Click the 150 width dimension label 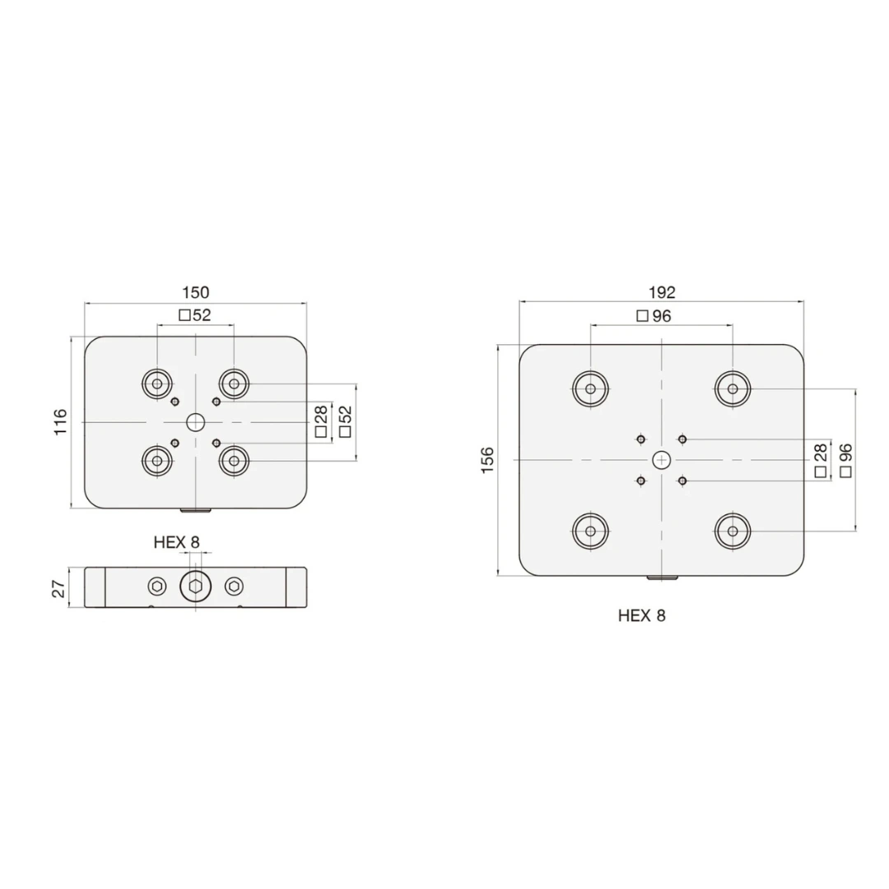click(195, 292)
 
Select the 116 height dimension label click(62, 422)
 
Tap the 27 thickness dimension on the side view click(58, 587)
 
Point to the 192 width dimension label click(661, 292)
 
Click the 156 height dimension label click(488, 459)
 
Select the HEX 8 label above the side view click(176, 542)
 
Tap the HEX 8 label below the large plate click(641, 615)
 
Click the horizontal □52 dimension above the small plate click(195, 315)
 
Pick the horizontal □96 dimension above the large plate click(654, 316)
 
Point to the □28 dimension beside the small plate click(321, 421)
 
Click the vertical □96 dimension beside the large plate click(845, 460)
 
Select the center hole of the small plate click(195, 422)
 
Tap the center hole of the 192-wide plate click(661, 459)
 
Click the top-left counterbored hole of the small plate click(156, 383)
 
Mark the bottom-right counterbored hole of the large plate click(732, 531)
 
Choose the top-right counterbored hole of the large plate click(732, 389)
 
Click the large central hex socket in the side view click(195, 587)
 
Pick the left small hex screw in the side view click(156, 587)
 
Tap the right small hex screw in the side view click(234, 587)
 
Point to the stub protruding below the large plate click(661, 579)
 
